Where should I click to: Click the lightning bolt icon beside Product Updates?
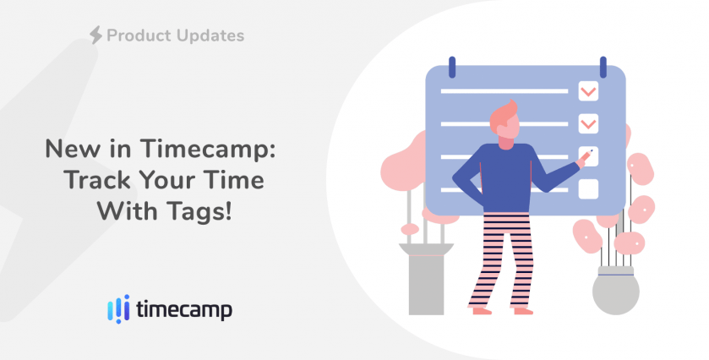point(95,35)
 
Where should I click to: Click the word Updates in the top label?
point(210,35)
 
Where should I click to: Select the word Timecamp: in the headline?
point(208,150)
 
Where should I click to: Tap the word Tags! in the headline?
point(199,211)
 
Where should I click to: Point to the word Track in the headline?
point(97,180)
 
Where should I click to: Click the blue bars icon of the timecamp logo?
point(118,309)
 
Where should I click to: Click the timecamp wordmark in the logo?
point(184,310)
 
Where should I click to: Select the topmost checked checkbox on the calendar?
point(588,91)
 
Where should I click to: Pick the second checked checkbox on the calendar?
point(588,123)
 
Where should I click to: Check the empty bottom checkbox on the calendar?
point(588,189)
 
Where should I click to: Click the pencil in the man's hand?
point(586,156)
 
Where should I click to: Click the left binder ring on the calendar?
point(452,67)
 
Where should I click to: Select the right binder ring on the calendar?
point(603,67)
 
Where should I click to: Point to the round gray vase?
point(616,291)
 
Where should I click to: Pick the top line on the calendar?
point(504,91)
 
